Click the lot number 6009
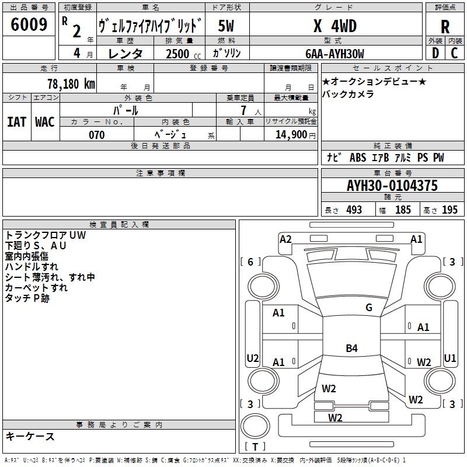click(29, 25)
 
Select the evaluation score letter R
click(445, 27)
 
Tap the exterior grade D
click(435, 53)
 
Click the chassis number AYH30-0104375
click(392, 186)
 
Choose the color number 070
click(96, 135)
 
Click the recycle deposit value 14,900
click(290, 135)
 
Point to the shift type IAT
click(16, 122)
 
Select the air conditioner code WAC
click(44, 122)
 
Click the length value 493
click(353, 210)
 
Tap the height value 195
click(449, 210)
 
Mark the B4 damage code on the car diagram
click(351, 348)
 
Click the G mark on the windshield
click(368, 308)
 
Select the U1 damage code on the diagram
click(449, 358)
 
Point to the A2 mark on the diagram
click(285, 239)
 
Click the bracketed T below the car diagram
click(255, 447)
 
